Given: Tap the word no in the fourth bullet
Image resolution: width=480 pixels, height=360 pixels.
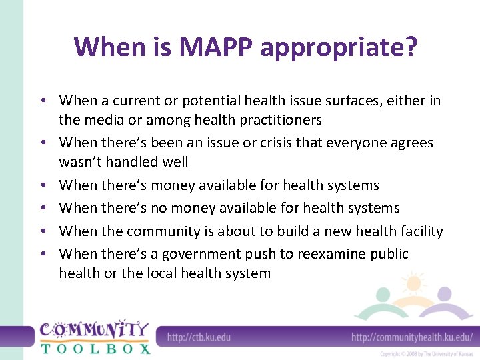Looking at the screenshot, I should coord(159,208).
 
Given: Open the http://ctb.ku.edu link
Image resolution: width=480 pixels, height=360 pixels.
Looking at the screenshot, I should coord(199,337).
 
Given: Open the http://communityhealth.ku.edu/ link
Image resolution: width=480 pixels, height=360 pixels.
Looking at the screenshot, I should coord(411,337).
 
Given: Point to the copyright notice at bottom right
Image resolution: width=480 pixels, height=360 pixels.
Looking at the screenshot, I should coord(427,354).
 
